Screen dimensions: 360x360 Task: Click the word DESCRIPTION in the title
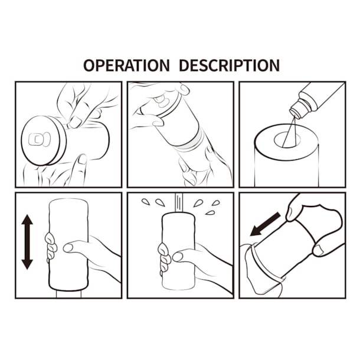pos(229,65)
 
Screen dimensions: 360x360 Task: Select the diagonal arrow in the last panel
pos(264,224)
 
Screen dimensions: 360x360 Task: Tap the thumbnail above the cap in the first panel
pos(76,122)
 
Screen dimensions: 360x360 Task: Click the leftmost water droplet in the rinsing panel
pos(145,201)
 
